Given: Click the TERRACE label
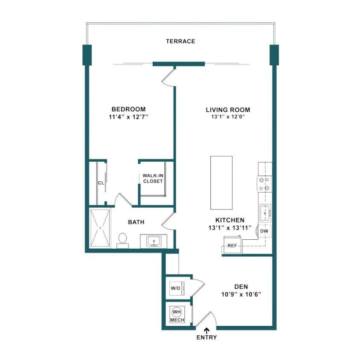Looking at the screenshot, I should click(x=180, y=41).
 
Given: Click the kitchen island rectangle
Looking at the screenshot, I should click(x=221, y=183).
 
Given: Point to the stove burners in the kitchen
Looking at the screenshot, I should click(x=264, y=184).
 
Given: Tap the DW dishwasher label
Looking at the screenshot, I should click(x=264, y=231).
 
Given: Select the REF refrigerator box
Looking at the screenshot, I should click(x=232, y=246).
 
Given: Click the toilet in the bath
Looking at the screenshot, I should click(x=122, y=240).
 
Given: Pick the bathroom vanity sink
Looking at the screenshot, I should click(x=154, y=241).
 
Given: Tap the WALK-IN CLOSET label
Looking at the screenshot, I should click(x=153, y=178).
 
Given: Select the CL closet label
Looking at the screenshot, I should click(x=101, y=183).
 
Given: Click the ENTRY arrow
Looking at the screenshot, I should click(x=207, y=330).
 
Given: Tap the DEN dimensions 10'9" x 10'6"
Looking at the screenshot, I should click(x=241, y=294).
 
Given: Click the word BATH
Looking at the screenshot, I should click(x=136, y=222).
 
